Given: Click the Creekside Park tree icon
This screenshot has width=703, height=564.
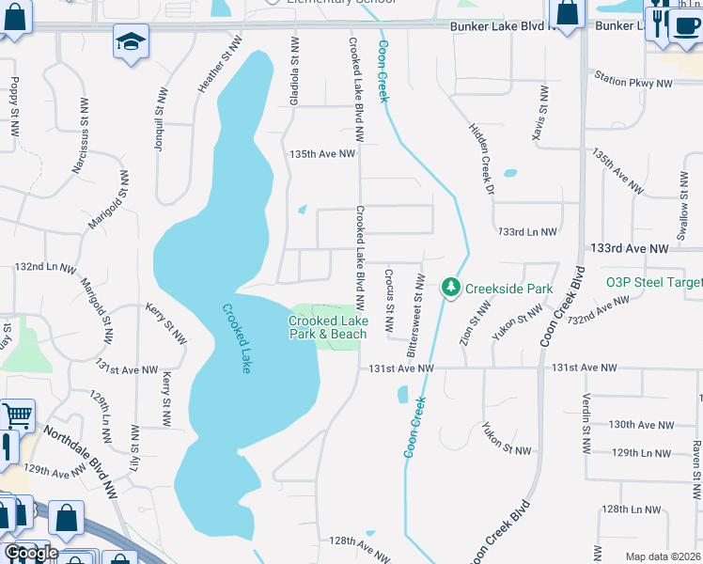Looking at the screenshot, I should [452, 286].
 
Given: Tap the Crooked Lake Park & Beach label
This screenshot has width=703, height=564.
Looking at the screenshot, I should [328, 327].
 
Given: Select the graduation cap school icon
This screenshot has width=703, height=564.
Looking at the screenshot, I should [130, 40].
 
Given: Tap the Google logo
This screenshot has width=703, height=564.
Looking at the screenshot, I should [30, 552].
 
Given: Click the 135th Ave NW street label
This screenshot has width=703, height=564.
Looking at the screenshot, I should [322, 154].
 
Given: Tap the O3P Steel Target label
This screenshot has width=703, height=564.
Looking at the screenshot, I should [654, 281].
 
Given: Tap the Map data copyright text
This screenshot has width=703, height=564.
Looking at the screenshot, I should [663, 556].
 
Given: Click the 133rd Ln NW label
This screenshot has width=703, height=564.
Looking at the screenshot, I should [527, 231].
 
